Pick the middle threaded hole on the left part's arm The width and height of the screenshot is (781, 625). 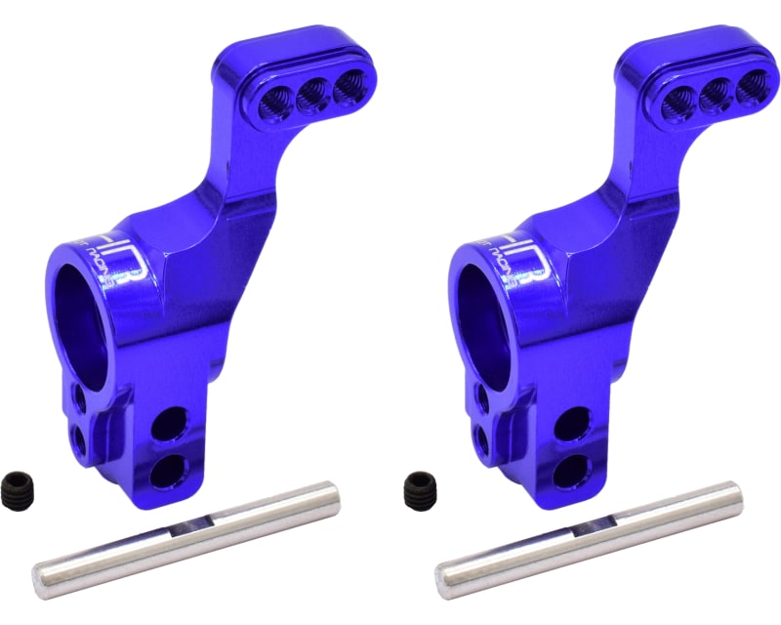314,94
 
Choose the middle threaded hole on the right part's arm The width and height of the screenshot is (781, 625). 718,94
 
